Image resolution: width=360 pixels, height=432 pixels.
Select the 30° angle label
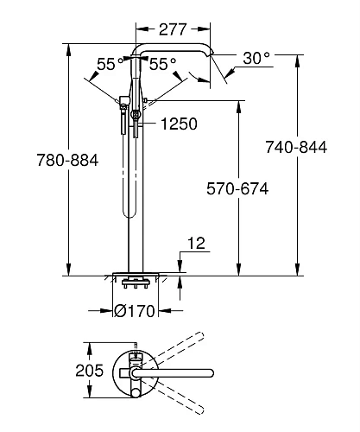(x=256, y=58)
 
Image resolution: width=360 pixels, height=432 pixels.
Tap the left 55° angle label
(x=108, y=64)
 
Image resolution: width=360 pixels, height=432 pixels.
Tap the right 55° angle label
(x=163, y=64)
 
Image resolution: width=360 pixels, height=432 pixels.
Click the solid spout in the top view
(x=173, y=372)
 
